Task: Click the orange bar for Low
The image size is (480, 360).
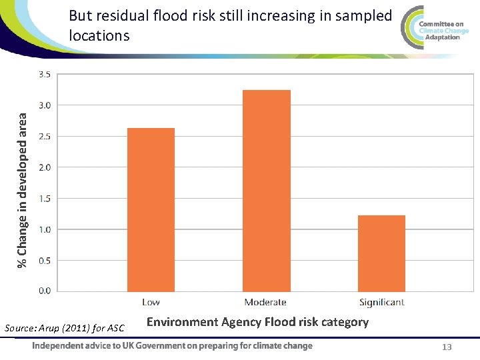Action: click(x=151, y=209)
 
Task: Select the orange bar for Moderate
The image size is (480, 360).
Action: click(x=266, y=191)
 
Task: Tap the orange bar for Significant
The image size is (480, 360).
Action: click(x=381, y=253)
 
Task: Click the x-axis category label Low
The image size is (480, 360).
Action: click(x=151, y=303)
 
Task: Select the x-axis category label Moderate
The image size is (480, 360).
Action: click(x=265, y=303)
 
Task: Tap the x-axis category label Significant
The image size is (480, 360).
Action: click(x=381, y=303)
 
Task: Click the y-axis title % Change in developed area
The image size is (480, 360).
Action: click(x=23, y=190)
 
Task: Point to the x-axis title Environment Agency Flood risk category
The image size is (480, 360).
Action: click(x=257, y=323)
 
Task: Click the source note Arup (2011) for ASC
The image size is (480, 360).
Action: click(x=64, y=327)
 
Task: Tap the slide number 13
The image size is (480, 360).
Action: click(x=447, y=347)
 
